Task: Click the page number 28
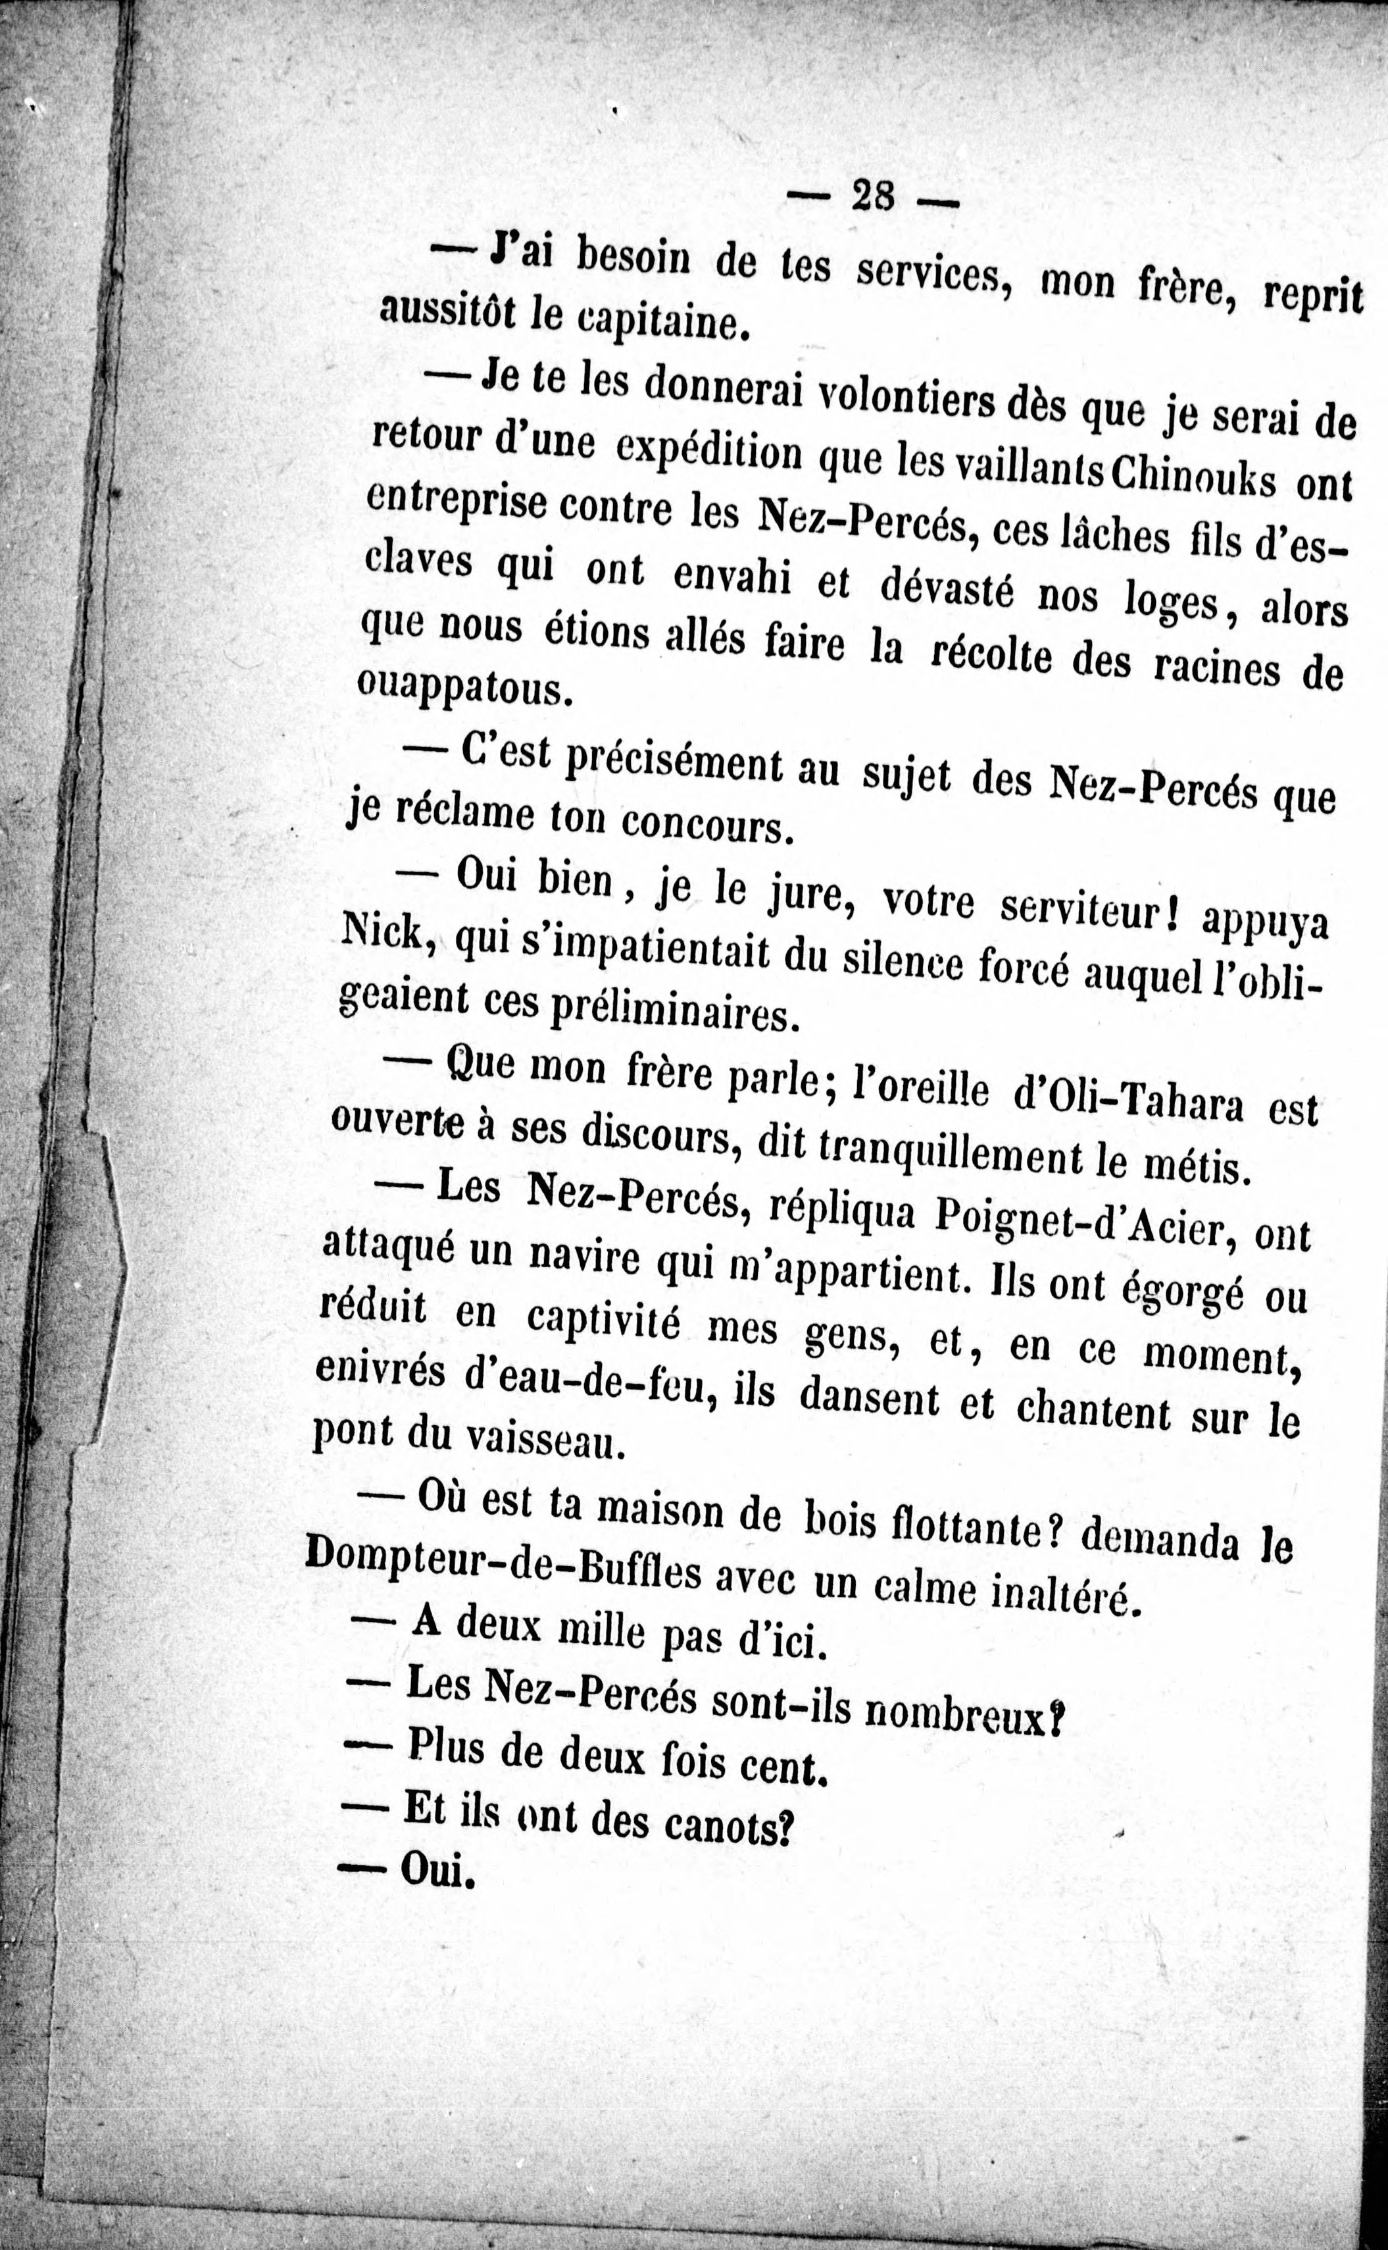(873, 196)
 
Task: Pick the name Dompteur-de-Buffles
(502, 1558)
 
